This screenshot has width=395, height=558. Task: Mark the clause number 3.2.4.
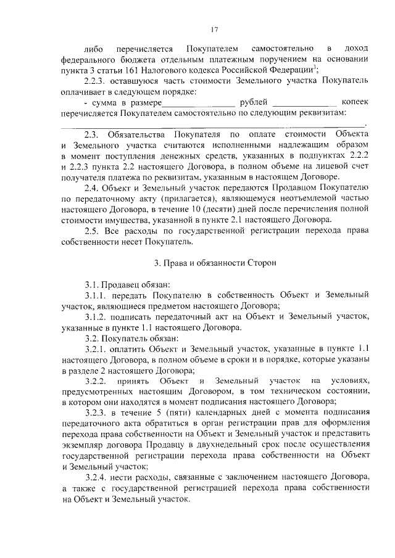(x=96, y=478)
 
